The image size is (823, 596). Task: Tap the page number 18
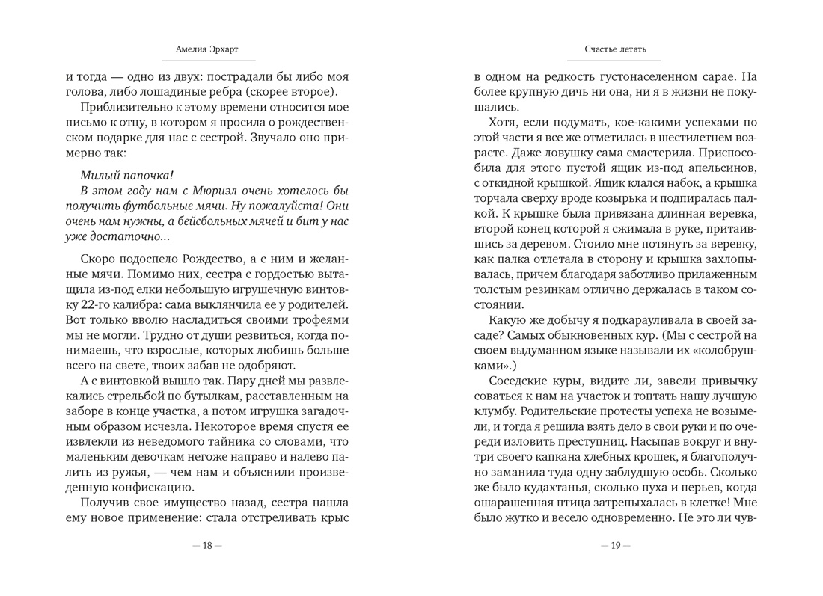[207, 545]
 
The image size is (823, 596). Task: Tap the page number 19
[616, 545]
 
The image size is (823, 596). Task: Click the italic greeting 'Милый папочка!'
[126, 175]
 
